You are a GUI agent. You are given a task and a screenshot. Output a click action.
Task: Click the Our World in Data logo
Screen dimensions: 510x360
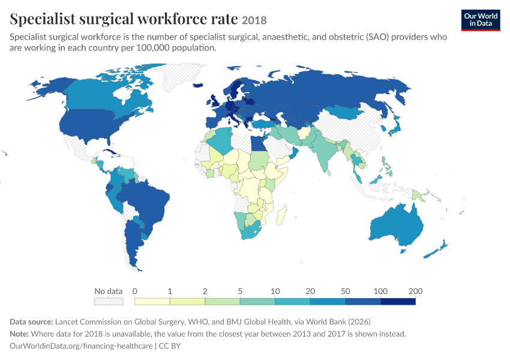(x=481, y=20)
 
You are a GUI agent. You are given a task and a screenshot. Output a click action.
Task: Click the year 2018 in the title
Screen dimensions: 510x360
(x=254, y=20)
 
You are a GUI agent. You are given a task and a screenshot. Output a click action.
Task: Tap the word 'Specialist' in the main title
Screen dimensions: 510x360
(x=43, y=19)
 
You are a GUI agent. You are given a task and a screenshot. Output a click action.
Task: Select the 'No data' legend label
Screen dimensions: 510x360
(x=109, y=291)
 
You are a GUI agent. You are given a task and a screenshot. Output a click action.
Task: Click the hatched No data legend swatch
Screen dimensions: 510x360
(x=109, y=301)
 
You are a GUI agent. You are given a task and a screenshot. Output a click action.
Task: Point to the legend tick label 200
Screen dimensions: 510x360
(x=415, y=291)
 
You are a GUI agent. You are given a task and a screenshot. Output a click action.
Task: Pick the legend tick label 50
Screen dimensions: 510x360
(x=345, y=291)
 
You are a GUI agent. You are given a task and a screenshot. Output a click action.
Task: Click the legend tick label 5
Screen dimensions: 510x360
(x=240, y=291)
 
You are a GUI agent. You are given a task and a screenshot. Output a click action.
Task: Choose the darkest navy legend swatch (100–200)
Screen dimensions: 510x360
(x=398, y=301)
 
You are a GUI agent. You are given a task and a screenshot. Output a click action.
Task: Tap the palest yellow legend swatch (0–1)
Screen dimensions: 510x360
(x=152, y=301)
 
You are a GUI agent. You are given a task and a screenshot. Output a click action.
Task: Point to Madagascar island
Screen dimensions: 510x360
(x=281, y=215)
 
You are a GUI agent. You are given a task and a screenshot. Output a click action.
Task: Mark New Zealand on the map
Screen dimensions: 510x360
(x=436, y=249)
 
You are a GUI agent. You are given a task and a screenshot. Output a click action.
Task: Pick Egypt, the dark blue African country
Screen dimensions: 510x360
(x=259, y=143)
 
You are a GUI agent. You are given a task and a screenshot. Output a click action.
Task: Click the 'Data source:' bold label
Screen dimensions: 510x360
(x=31, y=322)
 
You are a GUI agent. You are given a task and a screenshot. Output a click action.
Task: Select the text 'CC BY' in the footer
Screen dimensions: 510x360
(x=169, y=346)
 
